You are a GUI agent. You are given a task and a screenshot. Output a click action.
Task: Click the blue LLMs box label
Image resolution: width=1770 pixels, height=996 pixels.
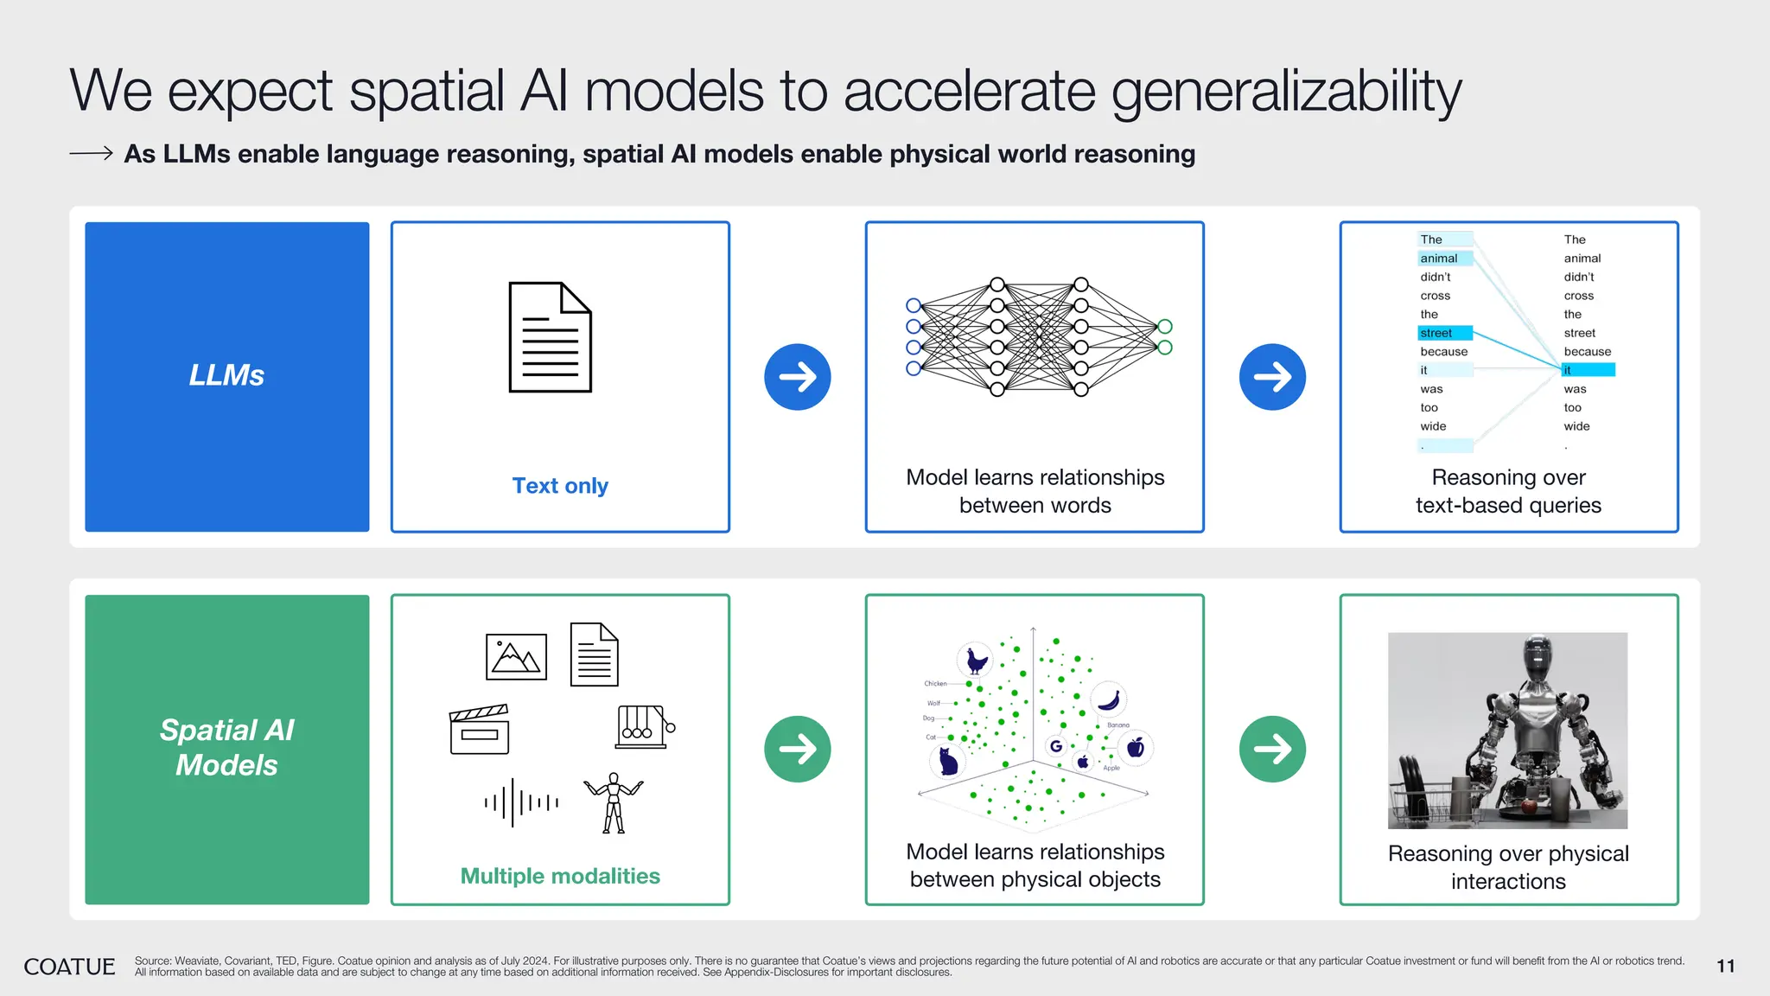point(226,375)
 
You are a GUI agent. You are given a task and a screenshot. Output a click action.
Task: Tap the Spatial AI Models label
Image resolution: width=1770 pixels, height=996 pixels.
point(226,748)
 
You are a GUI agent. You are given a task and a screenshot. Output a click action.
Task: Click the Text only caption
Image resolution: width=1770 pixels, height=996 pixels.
point(560,486)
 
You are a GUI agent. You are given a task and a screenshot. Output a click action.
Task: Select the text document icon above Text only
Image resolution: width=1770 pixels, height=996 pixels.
point(550,337)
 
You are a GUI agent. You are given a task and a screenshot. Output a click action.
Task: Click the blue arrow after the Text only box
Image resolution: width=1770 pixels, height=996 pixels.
point(797,377)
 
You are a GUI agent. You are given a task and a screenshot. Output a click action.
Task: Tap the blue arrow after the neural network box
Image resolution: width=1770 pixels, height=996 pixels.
point(1272,377)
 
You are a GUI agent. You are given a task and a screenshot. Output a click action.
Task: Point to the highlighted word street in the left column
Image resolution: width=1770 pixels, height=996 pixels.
point(1436,333)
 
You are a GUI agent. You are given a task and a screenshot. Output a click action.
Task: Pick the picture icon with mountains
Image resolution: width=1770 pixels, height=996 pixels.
point(516,657)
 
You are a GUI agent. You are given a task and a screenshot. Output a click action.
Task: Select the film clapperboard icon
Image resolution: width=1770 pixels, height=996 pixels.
point(479,730)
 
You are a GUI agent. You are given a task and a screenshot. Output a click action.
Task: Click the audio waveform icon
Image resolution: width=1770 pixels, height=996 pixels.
point(521,802)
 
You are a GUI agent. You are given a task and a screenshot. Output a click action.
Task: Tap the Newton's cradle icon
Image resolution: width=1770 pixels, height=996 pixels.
point(645,726)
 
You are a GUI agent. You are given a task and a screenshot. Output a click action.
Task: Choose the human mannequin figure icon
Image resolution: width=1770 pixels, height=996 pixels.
point(614,803)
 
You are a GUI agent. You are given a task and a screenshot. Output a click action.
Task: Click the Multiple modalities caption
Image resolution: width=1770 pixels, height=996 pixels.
point(560,876)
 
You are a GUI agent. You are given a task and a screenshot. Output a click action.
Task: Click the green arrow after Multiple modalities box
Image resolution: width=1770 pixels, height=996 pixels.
point(797,749)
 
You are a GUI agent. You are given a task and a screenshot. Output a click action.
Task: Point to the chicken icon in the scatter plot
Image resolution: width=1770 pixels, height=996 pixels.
point(977,661)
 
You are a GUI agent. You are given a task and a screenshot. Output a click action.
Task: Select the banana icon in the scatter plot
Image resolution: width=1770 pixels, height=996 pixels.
point(1110,699)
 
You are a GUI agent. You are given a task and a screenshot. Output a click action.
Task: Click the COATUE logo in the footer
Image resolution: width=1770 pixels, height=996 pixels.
point(69,967)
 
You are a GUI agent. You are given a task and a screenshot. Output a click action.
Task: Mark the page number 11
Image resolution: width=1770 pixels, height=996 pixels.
point(1725,967)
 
